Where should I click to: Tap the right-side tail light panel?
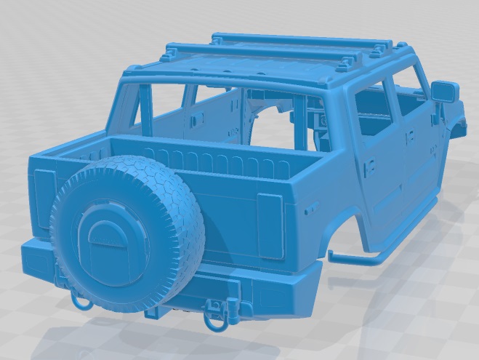tap(271, 226)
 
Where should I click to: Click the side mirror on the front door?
tap(444, 92)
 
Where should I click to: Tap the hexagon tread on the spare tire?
tap(145, 196)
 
